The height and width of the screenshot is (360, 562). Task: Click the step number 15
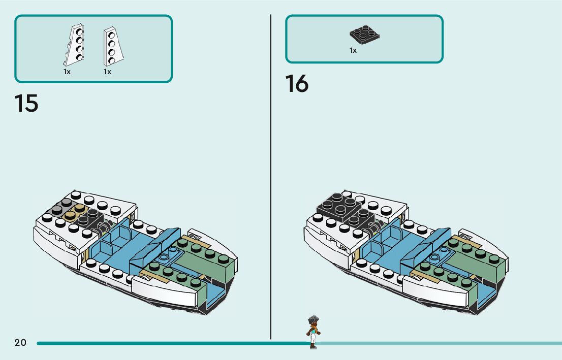26,103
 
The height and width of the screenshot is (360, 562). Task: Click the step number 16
297,84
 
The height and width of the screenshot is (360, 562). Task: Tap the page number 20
20,343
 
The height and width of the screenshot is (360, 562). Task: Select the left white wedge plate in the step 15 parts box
74,45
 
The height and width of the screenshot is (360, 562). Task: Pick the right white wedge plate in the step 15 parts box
113,47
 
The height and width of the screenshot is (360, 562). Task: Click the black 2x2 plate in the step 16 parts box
364,35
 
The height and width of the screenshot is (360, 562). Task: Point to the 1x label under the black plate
353,50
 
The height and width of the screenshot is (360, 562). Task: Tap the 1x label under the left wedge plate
67,72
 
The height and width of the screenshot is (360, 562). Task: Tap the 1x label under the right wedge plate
107,72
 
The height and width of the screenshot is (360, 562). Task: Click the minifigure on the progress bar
313,332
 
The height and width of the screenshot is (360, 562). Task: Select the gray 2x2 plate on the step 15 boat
60,206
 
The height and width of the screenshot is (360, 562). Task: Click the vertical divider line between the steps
271,178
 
